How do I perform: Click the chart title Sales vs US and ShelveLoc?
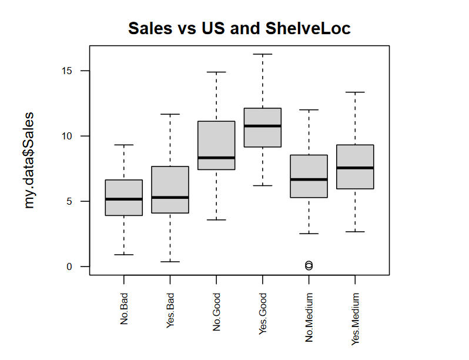point(239,28)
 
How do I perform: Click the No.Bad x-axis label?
point(124,311)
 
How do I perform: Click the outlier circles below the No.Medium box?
point(309,266)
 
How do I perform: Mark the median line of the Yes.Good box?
point(263,126)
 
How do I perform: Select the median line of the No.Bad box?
point(124,199)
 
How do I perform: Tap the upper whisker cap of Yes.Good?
point(263,54)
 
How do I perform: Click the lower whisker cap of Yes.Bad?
point(170,262)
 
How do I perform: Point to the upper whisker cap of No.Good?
point(216,72)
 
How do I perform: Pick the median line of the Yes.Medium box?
point(355,168)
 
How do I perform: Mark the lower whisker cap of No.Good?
point(216,220)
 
